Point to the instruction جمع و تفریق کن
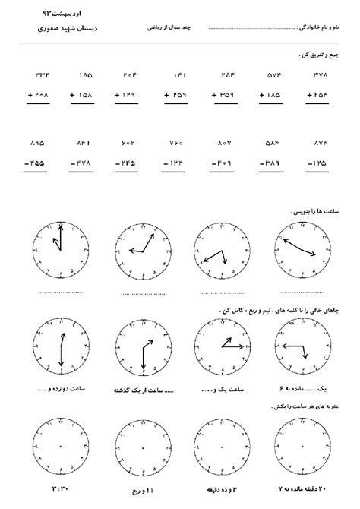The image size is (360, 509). [x=316, y=55]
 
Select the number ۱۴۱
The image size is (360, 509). [x=180, y=77]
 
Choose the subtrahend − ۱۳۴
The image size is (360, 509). [x=178, y=161]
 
